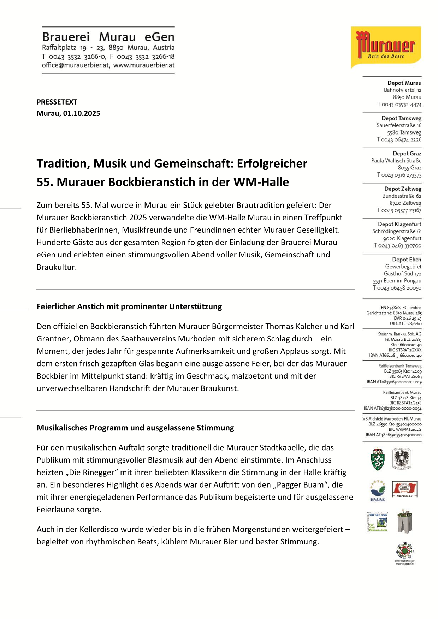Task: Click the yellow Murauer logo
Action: click(386, 47)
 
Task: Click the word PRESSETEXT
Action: click(57, 102)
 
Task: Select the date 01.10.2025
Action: click(82, 113)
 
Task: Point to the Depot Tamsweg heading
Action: click(401, 118)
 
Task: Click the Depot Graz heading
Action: click(407, 154)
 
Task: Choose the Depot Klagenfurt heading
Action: click(399, 224)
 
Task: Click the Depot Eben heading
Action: click(407, 260)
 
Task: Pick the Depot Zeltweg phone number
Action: click(399, 210)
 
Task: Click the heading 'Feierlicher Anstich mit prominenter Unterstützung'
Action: click(129, 306)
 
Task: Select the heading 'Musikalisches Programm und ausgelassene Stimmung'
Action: click(135, 428)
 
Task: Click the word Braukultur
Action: click(57, 267)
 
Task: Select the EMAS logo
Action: click(378, 490)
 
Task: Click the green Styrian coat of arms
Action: click(378, 459)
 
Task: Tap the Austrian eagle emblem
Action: click(402, 458)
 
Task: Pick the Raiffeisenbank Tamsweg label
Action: click(400, 366)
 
